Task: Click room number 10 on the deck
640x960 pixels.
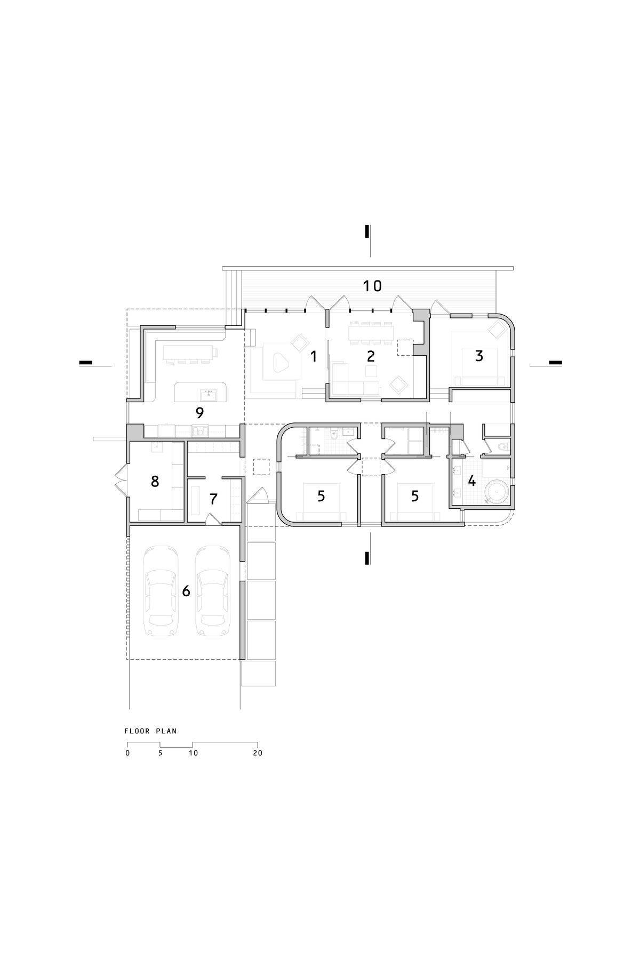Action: (373, 286)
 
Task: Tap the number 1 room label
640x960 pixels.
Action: (314, 356)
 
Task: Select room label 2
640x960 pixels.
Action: (371, 356)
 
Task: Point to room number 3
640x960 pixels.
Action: (479, 356)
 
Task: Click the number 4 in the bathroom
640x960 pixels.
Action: (471, 481)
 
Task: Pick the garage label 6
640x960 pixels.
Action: (186, 591)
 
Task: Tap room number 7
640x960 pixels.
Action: (213, 499)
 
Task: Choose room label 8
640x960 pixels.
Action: (155, 482)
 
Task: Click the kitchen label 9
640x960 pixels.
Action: (200, 412)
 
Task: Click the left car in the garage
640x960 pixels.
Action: (161, 591)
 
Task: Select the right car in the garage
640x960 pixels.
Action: (212, 591)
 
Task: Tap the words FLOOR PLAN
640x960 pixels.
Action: (151, 731)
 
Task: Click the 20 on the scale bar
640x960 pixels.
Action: (258, 754)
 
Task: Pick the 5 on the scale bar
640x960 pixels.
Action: (160, 754)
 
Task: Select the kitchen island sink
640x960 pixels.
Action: (209, 395)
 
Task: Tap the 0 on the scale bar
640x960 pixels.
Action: (127, 754)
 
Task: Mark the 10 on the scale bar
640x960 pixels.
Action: (193, 754)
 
